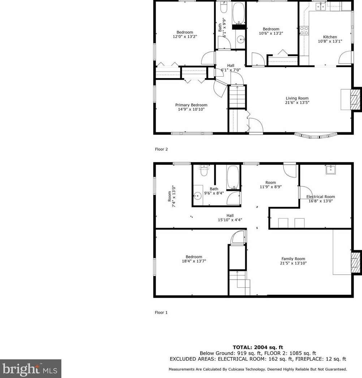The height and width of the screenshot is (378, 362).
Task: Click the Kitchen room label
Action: [x=329, y=37]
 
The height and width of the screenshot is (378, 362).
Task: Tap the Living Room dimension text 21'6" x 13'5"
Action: [x=297, y=103]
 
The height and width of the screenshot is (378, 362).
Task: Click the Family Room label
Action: [x=293, y=259]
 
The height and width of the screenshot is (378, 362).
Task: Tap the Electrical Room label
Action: [x=320, y=197]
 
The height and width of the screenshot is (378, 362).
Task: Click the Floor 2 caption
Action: [x=161, y=149]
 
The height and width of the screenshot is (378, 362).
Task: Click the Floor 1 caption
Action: [x=161, y=313]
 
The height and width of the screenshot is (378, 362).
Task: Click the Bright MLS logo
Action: [x=31, y=369]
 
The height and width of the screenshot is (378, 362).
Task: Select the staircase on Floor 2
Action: [x=237, y=97]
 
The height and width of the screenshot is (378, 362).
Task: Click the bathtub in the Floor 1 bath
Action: [x=233, y=177]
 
